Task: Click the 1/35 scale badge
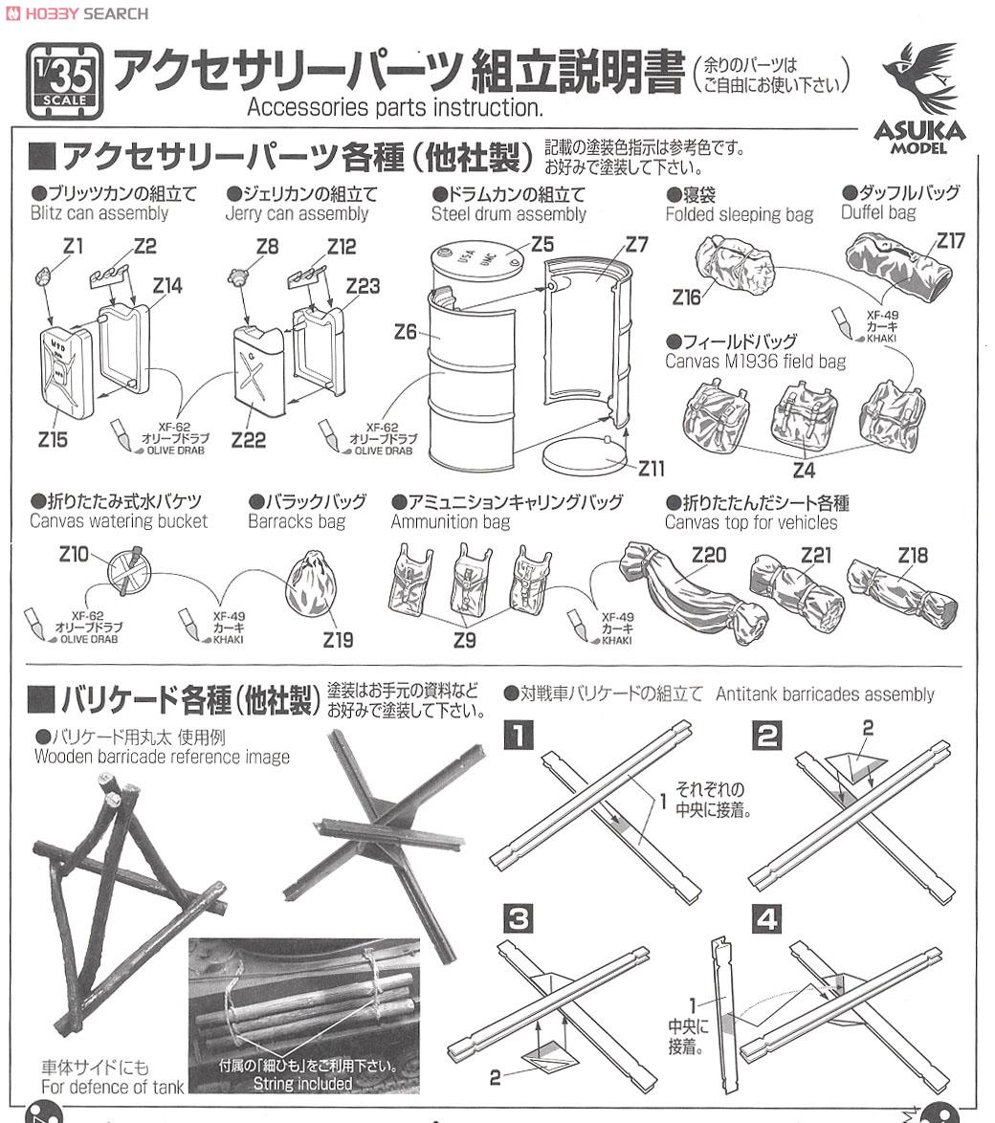64,82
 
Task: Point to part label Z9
464,639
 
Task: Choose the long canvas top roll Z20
694,594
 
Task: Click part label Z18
914,556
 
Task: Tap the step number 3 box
518,920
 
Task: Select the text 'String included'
302,1085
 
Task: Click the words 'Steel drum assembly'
508,214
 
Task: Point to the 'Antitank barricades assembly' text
825,694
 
